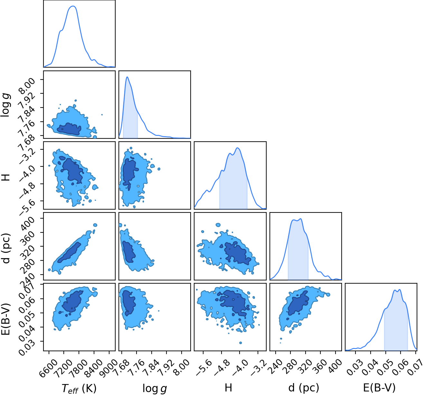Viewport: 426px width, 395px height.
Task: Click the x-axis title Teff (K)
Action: click(79, 388)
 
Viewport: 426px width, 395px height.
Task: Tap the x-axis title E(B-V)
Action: click(379, 388)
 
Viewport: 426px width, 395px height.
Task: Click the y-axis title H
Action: click(5, 177)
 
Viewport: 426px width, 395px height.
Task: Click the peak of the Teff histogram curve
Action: click(73, 6)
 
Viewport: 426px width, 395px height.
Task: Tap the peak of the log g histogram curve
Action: click(127, 77)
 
